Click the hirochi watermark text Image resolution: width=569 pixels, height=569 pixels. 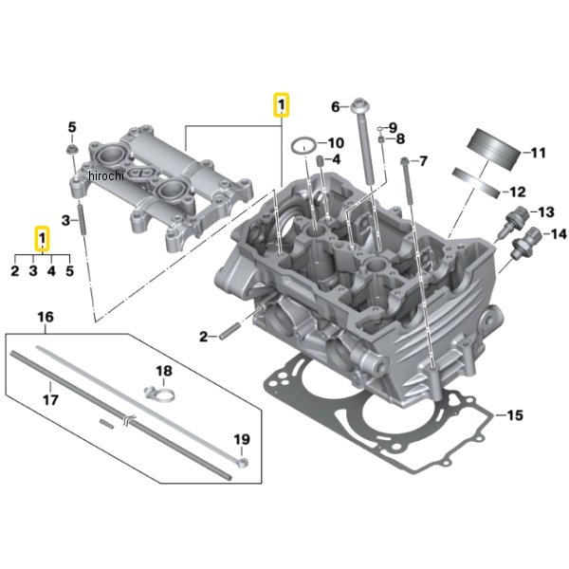click(x=106, y=176)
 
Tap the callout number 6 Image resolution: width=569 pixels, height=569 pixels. click(x=336, y=107)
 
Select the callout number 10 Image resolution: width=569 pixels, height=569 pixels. click(x=336, y=143)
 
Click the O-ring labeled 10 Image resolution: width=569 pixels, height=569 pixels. click(x=304, y=146)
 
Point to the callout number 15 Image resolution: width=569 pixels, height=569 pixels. click(x=515, y=414)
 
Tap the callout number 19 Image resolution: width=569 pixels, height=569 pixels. click(x=242, y=439)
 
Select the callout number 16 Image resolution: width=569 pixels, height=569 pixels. click(x=46, y=317)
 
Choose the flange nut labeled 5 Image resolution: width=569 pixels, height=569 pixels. click(x=72, y=148)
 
